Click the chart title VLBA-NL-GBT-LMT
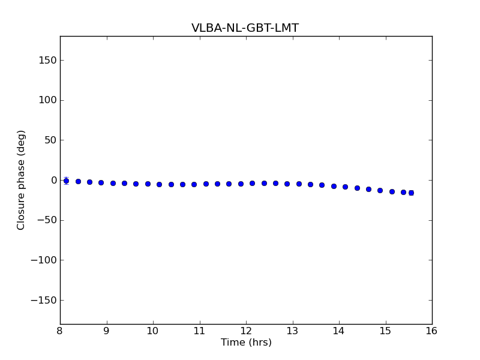245,28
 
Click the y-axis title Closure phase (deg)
22,180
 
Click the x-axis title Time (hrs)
246,343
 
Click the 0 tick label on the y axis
53,180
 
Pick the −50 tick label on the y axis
46,220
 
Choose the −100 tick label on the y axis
44,260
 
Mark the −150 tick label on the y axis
44,300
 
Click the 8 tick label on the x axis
60,331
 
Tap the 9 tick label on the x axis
107,331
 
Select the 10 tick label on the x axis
153,331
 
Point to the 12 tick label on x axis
246,331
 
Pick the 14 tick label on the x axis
339,331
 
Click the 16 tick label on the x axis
432,331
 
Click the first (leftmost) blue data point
66,181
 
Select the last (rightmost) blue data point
411,193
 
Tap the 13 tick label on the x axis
293,331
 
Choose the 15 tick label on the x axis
386,331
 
